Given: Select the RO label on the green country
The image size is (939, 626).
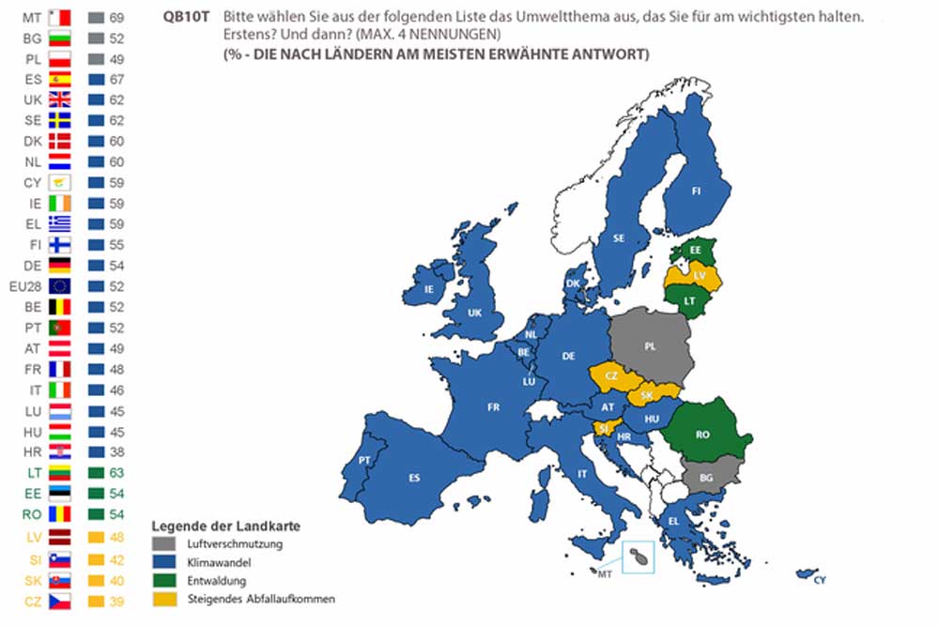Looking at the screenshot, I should pyautogui.click(x=701, y=435).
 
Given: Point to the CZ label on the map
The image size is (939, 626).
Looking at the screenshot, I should pyautogui.click(x=611, y=375).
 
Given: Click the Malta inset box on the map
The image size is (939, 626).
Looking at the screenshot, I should pyautogui.click(x=639, y=556).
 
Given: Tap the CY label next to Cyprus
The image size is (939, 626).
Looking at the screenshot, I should pyautogui.click(x=820, y=581).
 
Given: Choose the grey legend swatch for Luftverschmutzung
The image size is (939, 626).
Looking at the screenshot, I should pyautogui.click(x=161, y=543).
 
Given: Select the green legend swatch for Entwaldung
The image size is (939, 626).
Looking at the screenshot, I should pyautogui.click(x=161, y=580).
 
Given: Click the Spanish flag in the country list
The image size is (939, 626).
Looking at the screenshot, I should pyautogui.click(x=59, y=80).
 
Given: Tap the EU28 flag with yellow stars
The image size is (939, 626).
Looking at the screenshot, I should pyautogui.click(x=59, y=285).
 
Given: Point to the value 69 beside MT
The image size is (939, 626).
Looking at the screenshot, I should pyautogui.click(x=117, y=18).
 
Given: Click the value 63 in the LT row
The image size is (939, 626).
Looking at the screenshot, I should pyautogui.click(x=117, y=472).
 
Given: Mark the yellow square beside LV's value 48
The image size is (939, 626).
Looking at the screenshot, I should pyautogui.click(x=95, y=537).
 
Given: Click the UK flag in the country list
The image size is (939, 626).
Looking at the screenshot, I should pyautogui.click(x=59, y=100).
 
